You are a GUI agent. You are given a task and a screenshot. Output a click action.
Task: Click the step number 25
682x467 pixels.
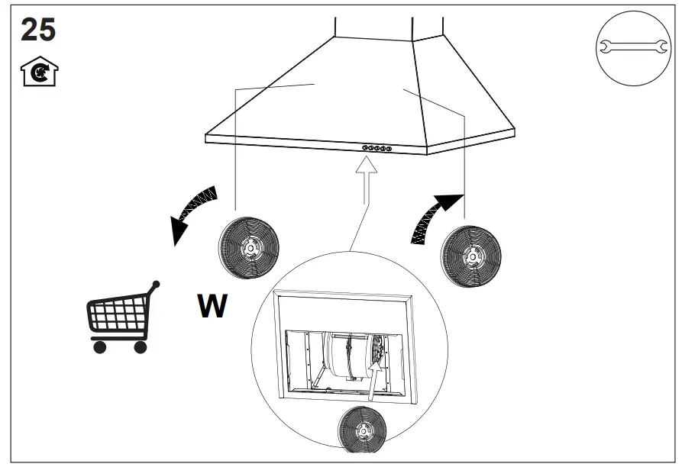pos(38,30)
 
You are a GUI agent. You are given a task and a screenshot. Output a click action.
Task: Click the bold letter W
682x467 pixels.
pos(212,306)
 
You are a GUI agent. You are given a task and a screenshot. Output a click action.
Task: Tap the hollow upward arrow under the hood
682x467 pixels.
pos(367,179)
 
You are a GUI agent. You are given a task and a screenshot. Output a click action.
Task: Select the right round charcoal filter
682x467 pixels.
pos(471,256)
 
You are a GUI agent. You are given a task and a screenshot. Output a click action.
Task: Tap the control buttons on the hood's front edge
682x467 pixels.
pos(376,149)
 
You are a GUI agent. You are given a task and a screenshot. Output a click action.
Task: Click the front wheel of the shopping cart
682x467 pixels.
pos(99,347)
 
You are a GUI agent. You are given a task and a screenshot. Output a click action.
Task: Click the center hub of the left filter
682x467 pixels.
pos(250,248)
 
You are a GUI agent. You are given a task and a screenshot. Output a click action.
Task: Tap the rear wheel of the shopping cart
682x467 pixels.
pos(140,347)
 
